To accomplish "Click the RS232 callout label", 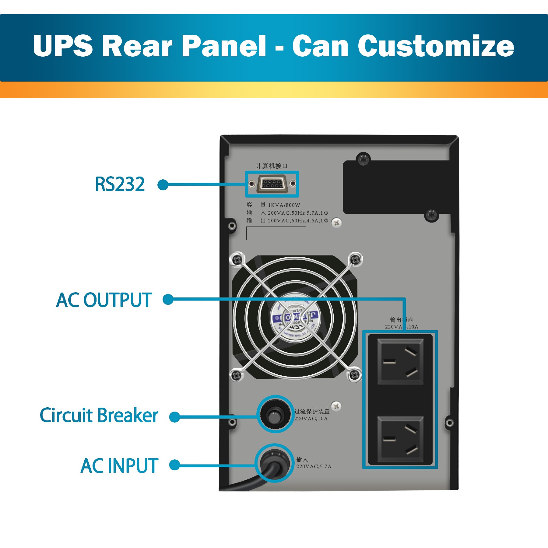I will click(120, 184).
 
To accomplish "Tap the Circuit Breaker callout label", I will click(99, 416).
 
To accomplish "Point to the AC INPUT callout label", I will click(119, 465).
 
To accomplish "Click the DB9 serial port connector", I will click(272, 184).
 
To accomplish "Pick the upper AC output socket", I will click(400, 362).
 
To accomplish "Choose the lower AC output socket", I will click(400, 439).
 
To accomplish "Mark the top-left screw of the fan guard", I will click(237, 260).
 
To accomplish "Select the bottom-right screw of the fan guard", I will click(354, 375).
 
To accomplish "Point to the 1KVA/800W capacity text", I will click(284, 205).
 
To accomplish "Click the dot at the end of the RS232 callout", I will click(163, 184).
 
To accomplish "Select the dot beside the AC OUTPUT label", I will click(168, 299).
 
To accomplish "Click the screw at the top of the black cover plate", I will click(363, 159).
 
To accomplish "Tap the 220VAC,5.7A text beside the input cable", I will click(314, 466).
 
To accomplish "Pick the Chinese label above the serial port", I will click(272, 166).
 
